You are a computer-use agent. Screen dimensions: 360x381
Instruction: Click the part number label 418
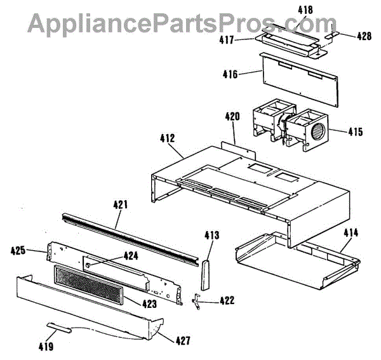pyautogui.click(x=305, y=10)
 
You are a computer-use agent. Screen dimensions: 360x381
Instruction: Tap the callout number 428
pyautogui.click(x=364, y=36)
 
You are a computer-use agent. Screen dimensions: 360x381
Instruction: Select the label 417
pyautogui.click(x=244, y=40)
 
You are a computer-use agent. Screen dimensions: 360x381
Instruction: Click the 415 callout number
pyautogui.click(x=355, y=132)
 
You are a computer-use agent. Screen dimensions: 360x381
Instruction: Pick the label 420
pyautogui.click(x=232, y=117)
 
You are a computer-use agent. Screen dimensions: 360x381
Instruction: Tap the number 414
pyautogui.click(x=351, y=232)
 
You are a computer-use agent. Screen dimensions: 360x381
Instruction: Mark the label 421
pyautogui.click(x=121, y=204)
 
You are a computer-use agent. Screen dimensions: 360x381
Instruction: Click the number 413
pyautogui.click(x=211, y=236)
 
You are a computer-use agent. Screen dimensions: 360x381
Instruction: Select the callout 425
pyautogui.click(x=36, y=251)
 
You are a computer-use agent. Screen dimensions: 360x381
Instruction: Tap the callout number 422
pyautogui.click(x=226, y=301)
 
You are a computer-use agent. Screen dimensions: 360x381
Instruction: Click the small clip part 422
pyautogui.click(x=199, y=301)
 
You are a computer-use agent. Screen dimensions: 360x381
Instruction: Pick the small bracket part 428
pyautogui.click(x=332, y=36)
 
